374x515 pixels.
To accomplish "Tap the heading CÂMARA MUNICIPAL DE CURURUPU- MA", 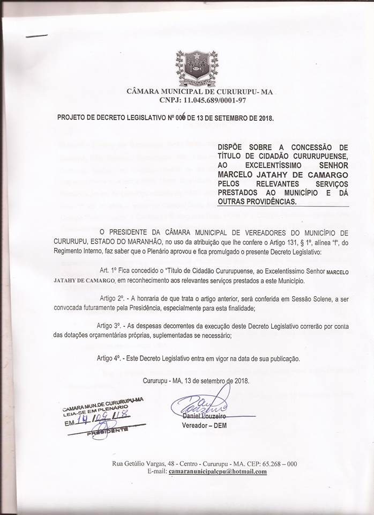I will [x=199, y=92].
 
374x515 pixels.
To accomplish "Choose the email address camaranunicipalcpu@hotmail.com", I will [x=218, y=471].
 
